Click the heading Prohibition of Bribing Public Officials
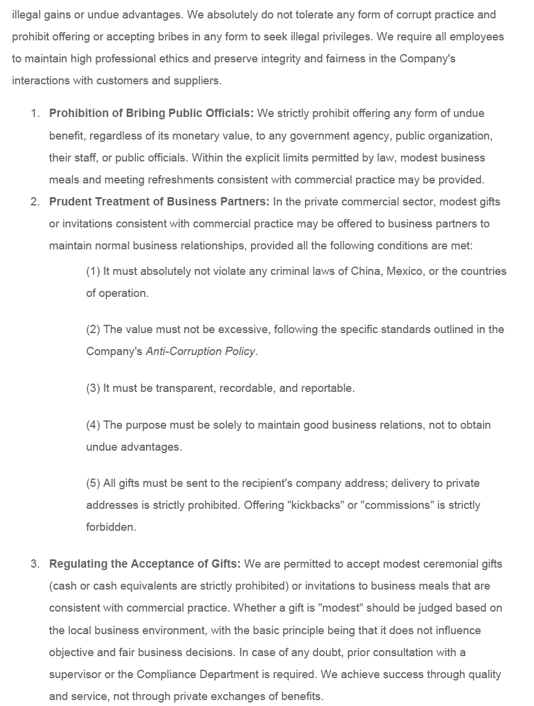(x=151, y=113)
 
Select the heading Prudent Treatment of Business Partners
(x=159, y=202)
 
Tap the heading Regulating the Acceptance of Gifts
(x=145, y=564)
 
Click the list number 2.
(x=35, y=202)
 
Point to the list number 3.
(x=35, y=564)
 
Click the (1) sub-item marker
(x=93, y=271)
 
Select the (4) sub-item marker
(x=93, y=425)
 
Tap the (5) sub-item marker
(x=93, y=483)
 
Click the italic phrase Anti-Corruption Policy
(x=201, y=352)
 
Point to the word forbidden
(x=111, y=527)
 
